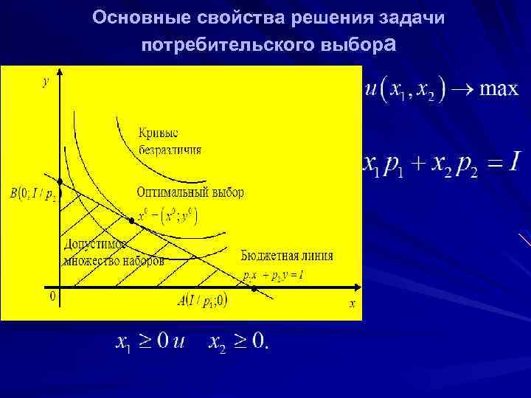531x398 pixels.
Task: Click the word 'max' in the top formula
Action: (x=499, y=91)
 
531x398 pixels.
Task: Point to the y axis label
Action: (x=45, y=82)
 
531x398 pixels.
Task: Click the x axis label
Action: (x=352, y=303)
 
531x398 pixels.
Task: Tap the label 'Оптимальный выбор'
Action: (x=190, y=192)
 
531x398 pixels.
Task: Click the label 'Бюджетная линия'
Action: (x=287, y=256)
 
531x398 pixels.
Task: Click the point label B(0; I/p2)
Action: (x=32, y=195)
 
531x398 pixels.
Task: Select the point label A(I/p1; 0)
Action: (x=202, y=300)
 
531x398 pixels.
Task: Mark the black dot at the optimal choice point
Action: (x=132, y=220)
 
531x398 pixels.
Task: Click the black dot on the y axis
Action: (x=61, y=181)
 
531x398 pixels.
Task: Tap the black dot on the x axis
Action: (x=254, y=288)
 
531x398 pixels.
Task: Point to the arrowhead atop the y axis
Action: (x=61, y=71)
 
